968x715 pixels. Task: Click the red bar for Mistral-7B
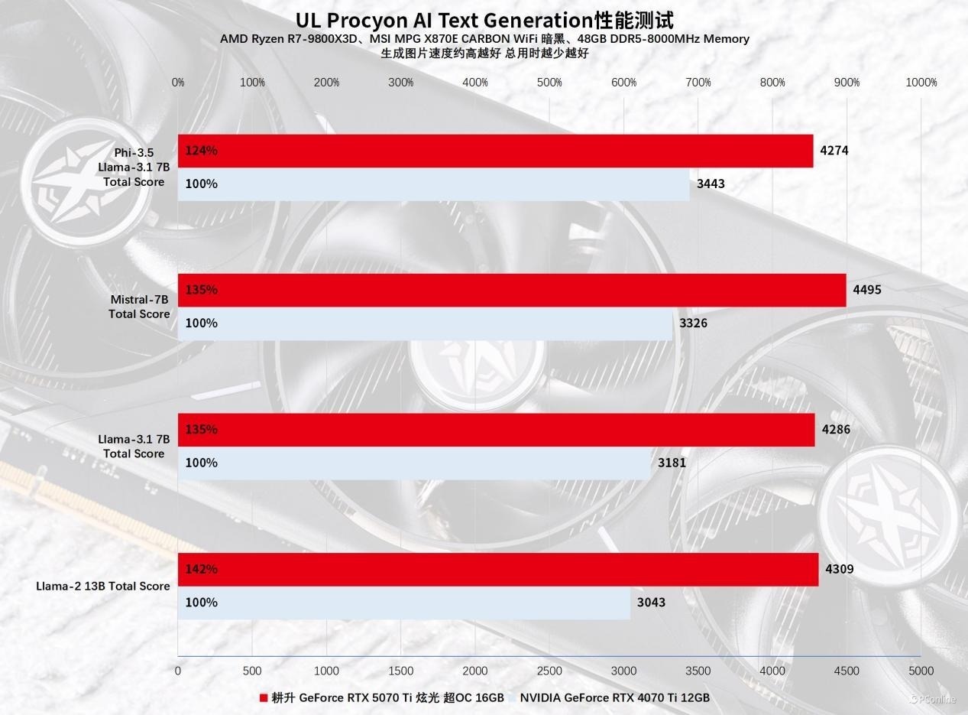pyautogui.click(x=512, y=290)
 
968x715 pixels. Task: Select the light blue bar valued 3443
pyautogui.click(x=433, y=184)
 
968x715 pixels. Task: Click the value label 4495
pyautogui.click(x=866, y=290)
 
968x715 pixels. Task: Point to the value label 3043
pyautogui.click(x=651, y=603)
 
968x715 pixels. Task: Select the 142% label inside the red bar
pyautogui.click(x=201, y=569)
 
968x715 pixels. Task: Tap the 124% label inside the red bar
pyautogui.click(x=201, y=151)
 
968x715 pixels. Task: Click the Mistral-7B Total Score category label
pyautogui.click(x=138, y=307)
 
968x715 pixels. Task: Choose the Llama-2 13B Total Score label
pyautogui.click(x=102, y=587)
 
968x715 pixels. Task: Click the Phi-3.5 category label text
pyautogui.click(x=134, y=152)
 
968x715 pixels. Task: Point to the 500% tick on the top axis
pyautogui.click(x=549, y=83)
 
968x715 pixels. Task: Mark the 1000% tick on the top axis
pyautogui.click(x=921, y=83)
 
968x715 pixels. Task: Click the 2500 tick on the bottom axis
pyautogui.click(x=549, y=671)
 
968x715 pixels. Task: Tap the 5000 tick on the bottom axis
pyautogui.click(x=921, y=671)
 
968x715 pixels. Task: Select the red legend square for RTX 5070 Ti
pyautogui.click(x=264, y=697)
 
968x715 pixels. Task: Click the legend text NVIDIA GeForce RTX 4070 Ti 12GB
pyautogui.click(x=615, y=697)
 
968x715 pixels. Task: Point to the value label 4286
pyautogui.click(x=835, y=429)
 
